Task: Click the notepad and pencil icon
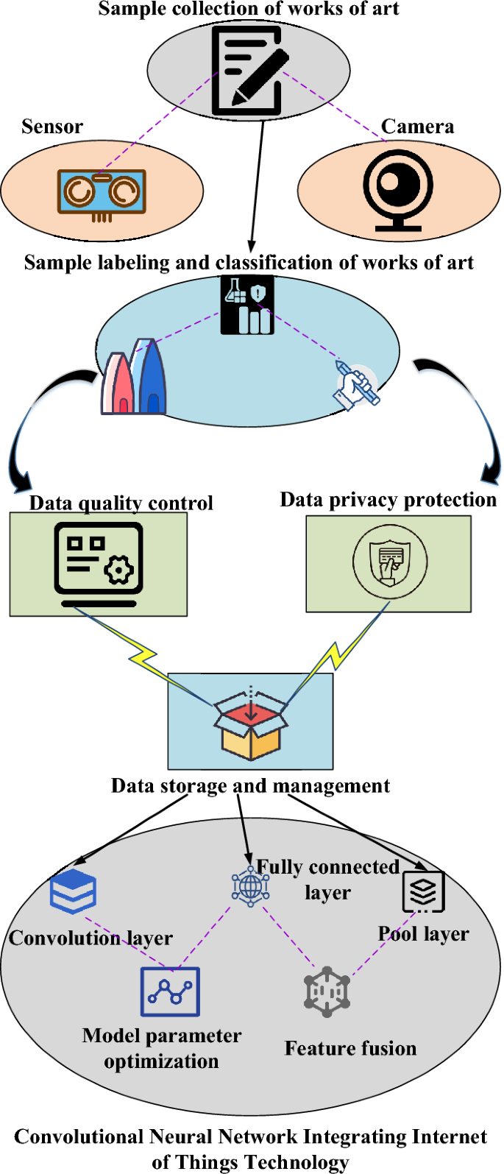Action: click(x=248, y=71)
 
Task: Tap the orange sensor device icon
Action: click(x=102, y=193)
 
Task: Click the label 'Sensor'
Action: click(x=52, y=127)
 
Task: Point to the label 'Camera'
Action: click(x=417, y=127)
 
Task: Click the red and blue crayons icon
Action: click(x=134, y=377)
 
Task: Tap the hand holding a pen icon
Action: click(x=357, y=385)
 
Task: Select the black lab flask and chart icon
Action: click(x=248, y=305)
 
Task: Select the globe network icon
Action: click(x=250, y=886)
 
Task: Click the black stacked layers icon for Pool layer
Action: click(x=423, y=891)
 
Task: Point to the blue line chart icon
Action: click(x=170, y=991)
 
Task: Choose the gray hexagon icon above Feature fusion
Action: click(x=327, y=991)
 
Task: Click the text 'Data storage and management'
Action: click(x=250, y=786)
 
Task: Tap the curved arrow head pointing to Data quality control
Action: click(x=20, y=482)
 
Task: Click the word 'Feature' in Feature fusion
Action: click(x=316, y=1048)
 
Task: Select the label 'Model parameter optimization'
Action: click(x=162, y=1048)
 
